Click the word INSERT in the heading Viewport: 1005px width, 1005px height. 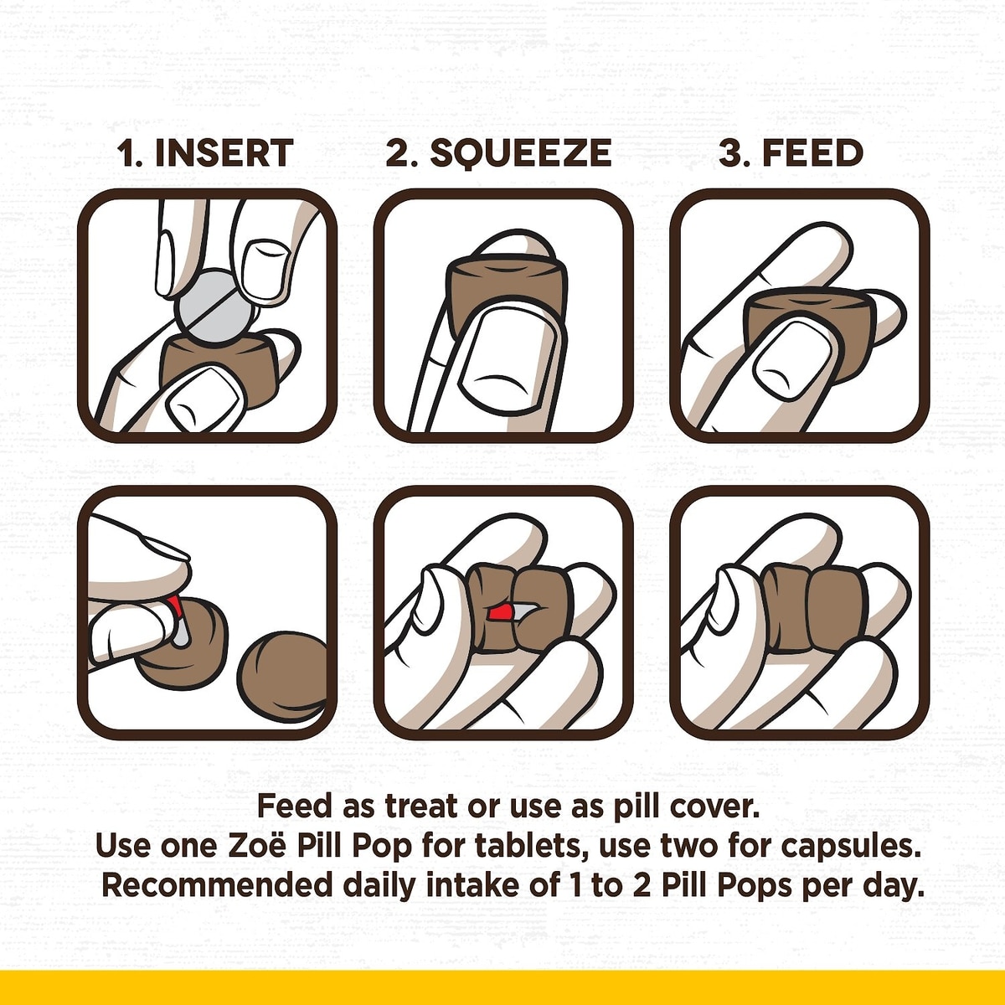pos(224,153)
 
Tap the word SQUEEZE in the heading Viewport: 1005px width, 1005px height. pos(520,153)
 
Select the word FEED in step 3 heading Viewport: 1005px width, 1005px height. pos(812,153)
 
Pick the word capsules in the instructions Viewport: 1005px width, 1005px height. pos(849,848)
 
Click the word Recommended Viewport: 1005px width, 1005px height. pos(217,885)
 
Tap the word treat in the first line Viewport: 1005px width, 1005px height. pos(422,807)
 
